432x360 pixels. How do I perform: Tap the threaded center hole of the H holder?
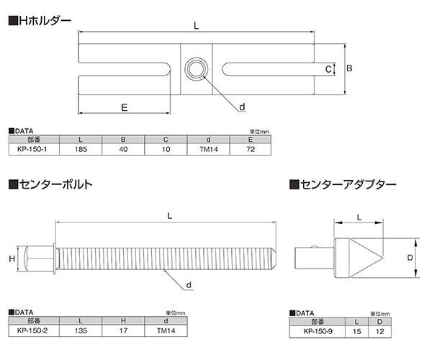195,70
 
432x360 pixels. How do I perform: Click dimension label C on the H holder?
328,70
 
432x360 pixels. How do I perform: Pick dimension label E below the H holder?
124,107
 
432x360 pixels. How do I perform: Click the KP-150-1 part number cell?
32,150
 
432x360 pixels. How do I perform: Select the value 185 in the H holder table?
79,150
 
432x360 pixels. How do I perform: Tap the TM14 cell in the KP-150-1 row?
209,150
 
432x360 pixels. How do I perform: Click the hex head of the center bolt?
40,258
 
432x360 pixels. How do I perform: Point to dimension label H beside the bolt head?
12,258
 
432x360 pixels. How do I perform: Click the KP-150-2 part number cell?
32,332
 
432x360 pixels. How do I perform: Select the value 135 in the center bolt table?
79,332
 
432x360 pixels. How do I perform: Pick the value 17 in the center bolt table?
122,332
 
